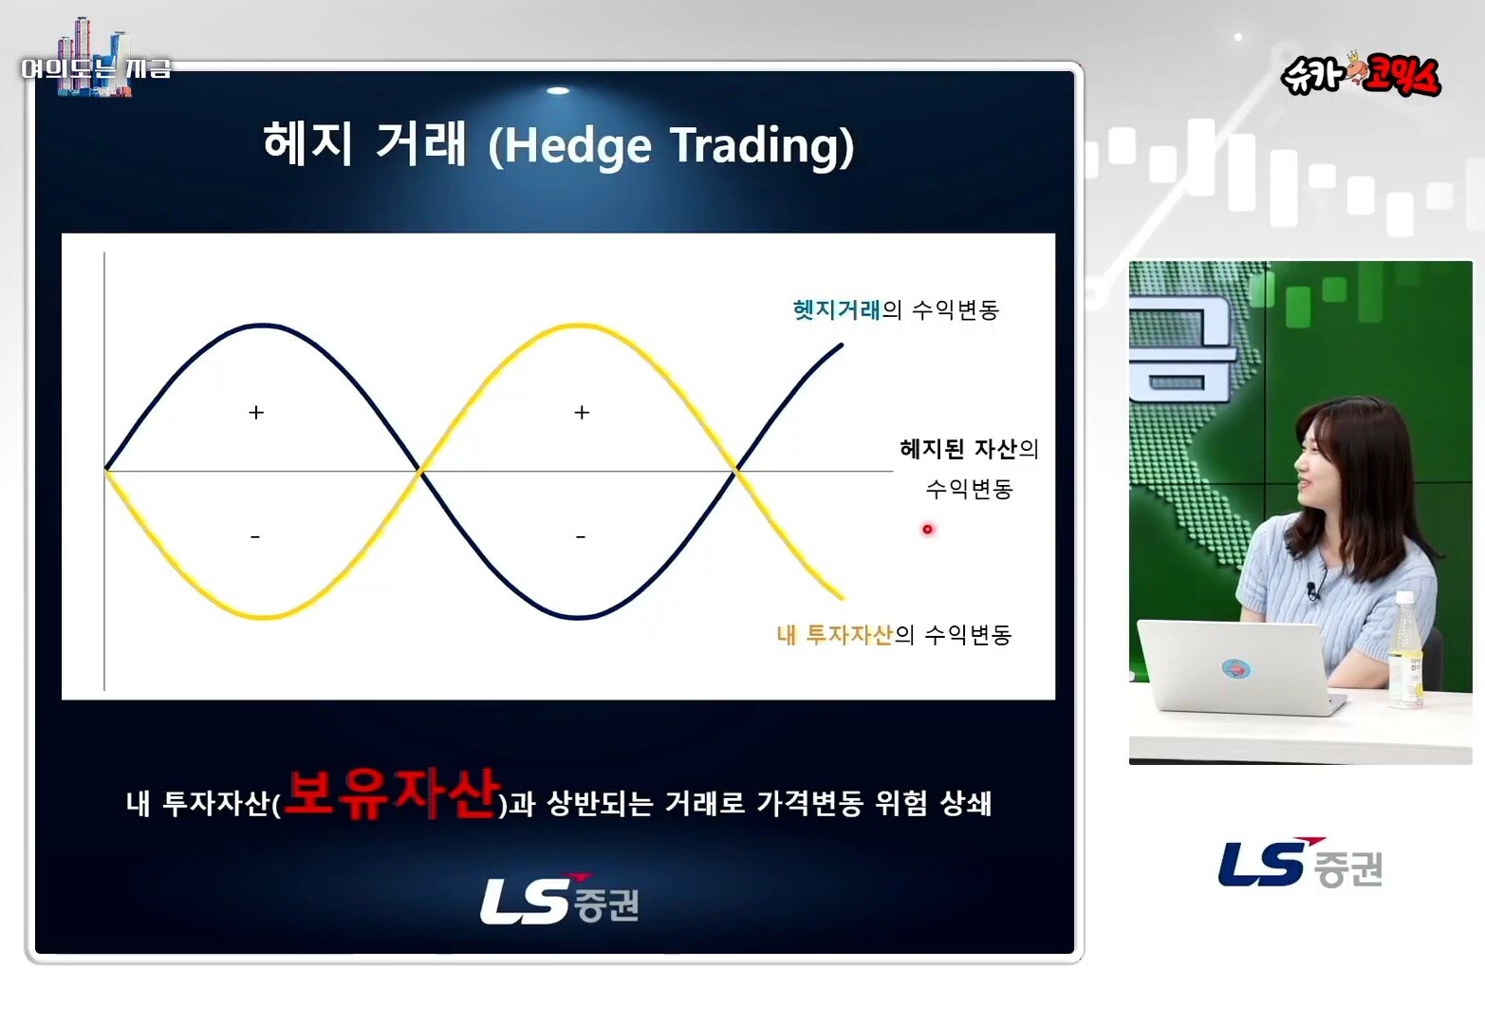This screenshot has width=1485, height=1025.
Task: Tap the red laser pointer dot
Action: pos(927,529)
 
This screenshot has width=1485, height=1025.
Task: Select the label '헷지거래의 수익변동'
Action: pos(896,309)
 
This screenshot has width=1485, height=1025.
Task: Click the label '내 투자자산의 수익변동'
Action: pos(894,635)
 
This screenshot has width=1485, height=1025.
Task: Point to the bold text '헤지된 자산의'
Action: pos(969,450)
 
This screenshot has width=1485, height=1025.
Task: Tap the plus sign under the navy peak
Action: pos(256,413)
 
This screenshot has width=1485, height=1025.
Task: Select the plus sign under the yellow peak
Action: pos(582,413)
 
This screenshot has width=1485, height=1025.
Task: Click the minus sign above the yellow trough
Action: pos(255,536)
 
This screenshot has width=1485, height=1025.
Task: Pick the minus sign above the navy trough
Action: pos(581,536)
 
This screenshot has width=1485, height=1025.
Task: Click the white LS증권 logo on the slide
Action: pos(560,899)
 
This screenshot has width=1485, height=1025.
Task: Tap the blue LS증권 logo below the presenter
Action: pos(1300,863)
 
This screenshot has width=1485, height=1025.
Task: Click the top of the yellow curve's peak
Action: pos(578,325)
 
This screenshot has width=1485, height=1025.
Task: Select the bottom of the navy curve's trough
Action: pos(578,618)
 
